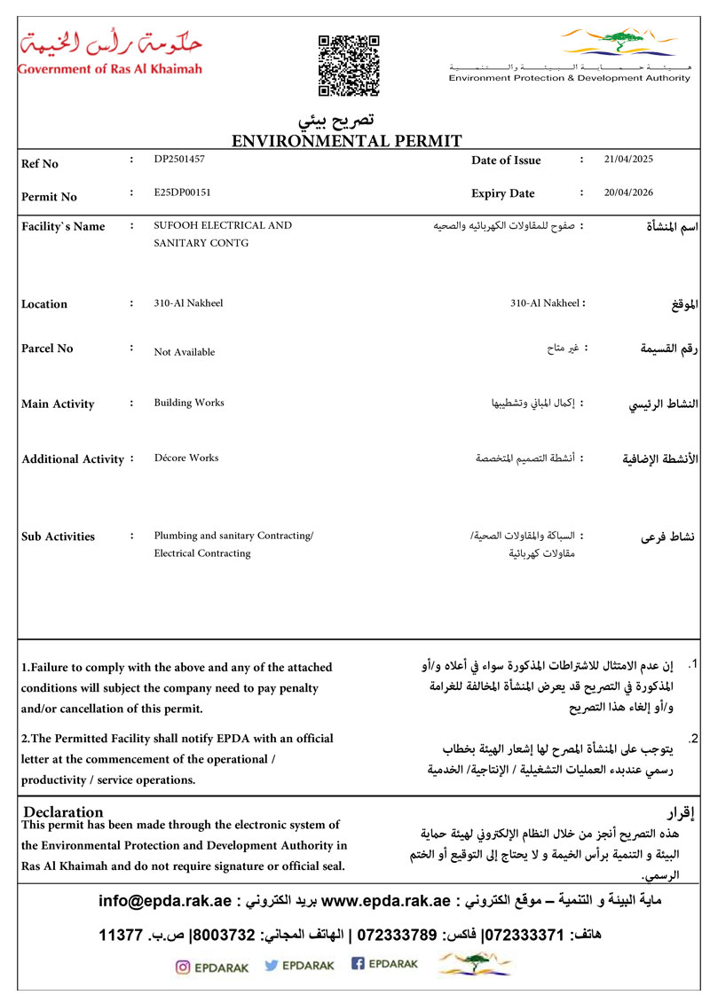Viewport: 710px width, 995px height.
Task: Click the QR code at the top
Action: [349, 65]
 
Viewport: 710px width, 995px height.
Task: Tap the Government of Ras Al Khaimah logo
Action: [110, 51]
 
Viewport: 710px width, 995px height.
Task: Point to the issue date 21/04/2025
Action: [627, 160]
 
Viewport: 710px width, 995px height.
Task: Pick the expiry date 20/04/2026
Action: [627, 192]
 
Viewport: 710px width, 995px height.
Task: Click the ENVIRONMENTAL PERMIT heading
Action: [346, 140]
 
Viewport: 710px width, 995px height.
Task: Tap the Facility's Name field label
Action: [63, 226]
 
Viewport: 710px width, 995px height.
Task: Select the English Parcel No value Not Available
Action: [185, 352]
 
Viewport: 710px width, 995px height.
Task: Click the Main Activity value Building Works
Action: [189, 403]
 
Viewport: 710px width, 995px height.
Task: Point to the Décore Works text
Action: [186, 458]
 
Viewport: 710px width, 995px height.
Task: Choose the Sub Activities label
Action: [58, 537]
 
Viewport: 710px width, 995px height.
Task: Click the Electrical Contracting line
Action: [202, 553]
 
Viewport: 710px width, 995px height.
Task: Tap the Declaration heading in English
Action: [63, 811]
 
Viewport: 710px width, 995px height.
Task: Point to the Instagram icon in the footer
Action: [183, 968]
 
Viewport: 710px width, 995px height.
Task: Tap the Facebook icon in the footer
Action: [359, 965]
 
